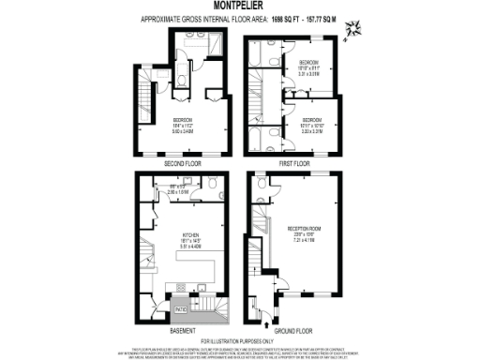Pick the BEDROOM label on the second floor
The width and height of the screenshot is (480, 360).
183,121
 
